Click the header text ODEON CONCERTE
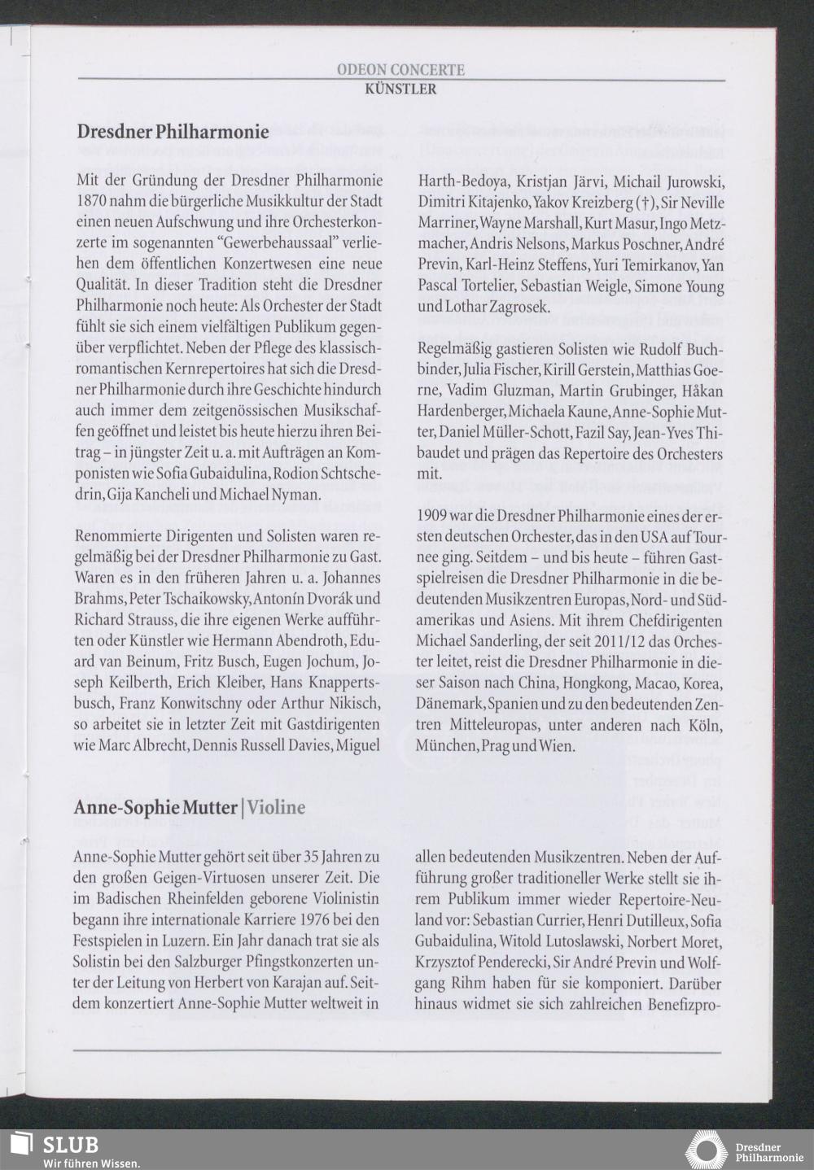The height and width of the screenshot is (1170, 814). (x=400, y=71)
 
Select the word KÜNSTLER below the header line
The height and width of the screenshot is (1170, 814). (x=400, y=89)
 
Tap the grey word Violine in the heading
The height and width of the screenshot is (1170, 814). (x=277, y=807)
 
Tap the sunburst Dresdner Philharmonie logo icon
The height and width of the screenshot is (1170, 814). (x=706, y=1149)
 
